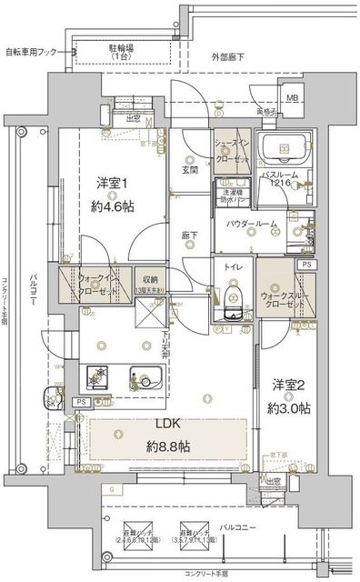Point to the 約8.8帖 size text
169,446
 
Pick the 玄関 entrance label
189,169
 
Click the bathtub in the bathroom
283,147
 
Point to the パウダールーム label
246,224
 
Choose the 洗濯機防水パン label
235,196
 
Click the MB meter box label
293,98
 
